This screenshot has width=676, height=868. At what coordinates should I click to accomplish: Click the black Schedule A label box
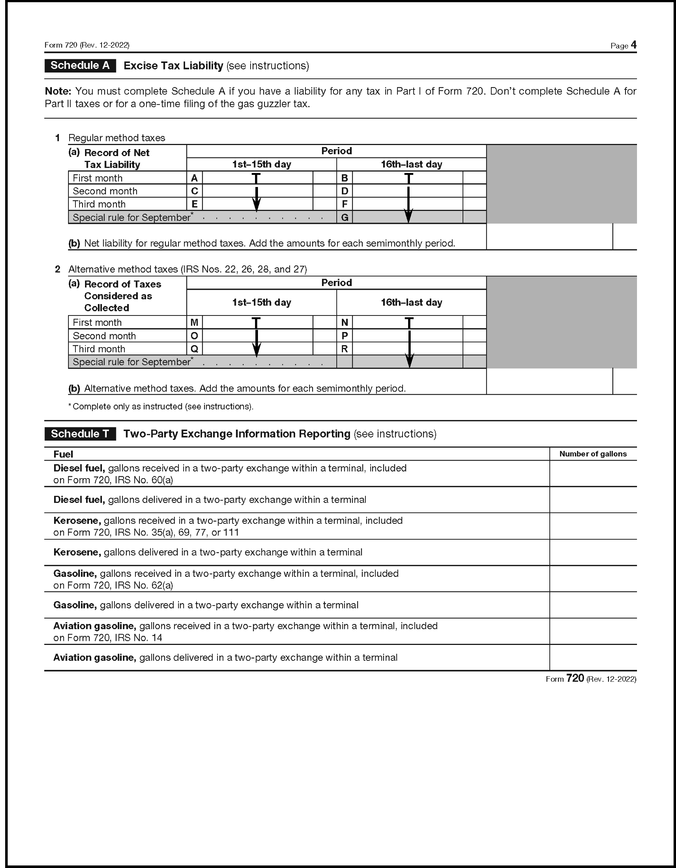pos(80,66)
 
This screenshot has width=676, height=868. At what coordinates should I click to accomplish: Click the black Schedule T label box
pos(80,434)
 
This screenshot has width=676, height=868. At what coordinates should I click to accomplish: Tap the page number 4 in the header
pos(633,45)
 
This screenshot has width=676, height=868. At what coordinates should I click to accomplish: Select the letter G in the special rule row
pos(344,218)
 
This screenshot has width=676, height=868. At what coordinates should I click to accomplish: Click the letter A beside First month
pos(194,178)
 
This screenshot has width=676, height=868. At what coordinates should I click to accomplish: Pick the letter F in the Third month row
pos(344,204)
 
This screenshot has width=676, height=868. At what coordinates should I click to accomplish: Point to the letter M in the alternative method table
pos(194,322)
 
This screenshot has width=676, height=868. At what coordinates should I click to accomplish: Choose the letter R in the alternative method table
pos(344,349)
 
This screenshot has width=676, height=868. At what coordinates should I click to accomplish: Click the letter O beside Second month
pos(194,336)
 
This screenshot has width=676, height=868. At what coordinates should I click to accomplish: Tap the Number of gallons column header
pos(592,454)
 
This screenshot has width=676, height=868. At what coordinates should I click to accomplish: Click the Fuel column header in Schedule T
pos(63,454)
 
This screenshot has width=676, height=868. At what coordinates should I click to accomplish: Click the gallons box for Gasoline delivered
pos(592,605)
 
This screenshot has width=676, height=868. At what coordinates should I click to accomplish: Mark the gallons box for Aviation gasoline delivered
pos(592,657)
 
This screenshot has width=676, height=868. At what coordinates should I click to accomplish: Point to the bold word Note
pos(58,91)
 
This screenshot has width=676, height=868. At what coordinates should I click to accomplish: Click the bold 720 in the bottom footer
pos(575,678)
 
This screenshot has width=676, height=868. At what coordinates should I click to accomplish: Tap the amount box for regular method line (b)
pos(549,237)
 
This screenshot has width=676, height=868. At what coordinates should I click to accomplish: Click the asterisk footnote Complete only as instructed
pos(161,407)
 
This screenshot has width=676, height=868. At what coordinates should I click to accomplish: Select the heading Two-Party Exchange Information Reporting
pos(237,434)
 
